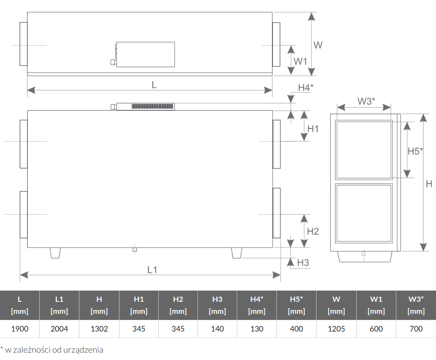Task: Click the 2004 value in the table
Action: point(59,329)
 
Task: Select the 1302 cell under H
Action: point(99,329)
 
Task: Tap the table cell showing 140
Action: point(217,329)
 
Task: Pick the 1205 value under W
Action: point(336,329)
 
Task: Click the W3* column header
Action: point(416,305)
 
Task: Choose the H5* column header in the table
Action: point(296,305)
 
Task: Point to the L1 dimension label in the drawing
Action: point(152,269)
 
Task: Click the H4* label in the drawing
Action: point(306,88)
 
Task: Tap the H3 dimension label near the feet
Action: point(303,263)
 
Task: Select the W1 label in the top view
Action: point(300,61)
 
